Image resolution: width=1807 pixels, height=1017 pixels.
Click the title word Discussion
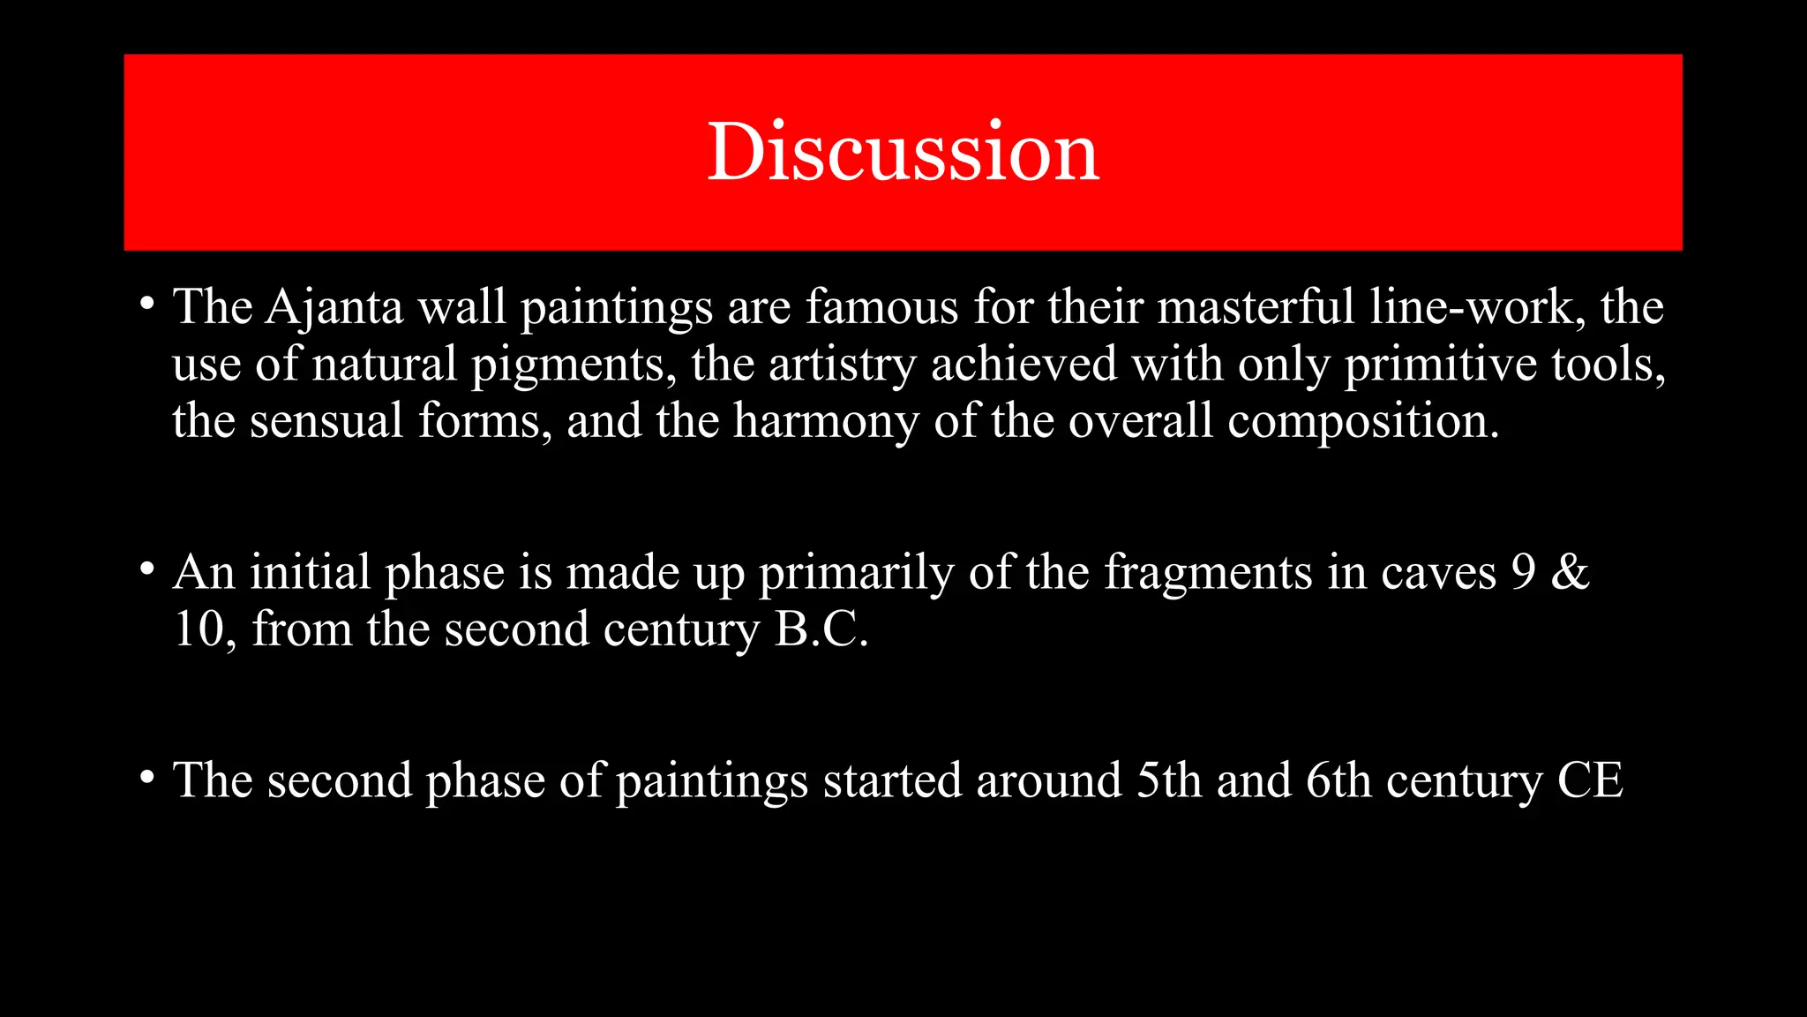903,152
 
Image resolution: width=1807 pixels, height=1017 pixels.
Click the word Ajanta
334,307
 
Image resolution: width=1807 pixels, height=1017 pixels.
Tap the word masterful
1255,307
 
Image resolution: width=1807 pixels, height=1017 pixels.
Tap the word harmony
826,421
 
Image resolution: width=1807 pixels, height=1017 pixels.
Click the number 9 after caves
1524,572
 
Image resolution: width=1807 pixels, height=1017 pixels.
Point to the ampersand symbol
1570,572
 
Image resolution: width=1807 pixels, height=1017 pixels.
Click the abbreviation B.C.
821,629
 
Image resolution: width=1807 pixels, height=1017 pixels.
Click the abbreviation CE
1590,780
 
